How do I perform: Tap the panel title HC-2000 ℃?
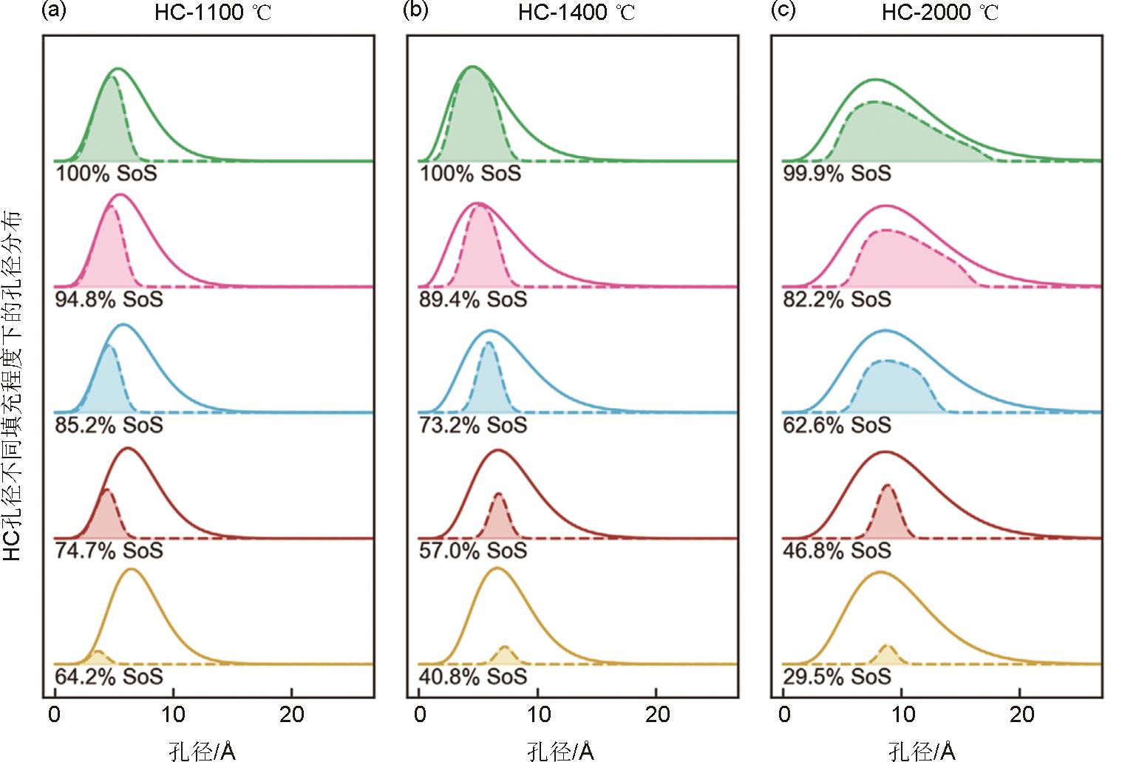pyautogui.click(x=940, y=13)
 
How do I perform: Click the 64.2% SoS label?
pyautogui.click(x=109, y=676)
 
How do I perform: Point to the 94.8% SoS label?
pyautogui.click(x=109, y=299)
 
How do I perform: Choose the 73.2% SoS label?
pyautogui.click(x=473, y=425)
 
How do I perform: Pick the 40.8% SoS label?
pyautogui.click(x=473, y=676)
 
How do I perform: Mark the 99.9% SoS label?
pyautogui.click(x=837, y=174)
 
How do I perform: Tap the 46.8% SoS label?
pyautogui.click(x=837, y=551)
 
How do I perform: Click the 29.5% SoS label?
pyautogui.click(x=837, y=676)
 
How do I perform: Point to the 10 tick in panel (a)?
pyautogui.click(x=173, y=715)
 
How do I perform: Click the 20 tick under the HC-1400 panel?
pyautogui.click(x=657, y=715)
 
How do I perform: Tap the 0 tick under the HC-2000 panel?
pyautogui.click(x=784, y=715)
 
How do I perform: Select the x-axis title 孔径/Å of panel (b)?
pyautogui.click(x=561, y=751)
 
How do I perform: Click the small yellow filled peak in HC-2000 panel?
pyautogui.click(x=887, y=656)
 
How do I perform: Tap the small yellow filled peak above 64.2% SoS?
pyautogui.click(x=97, y=657)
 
